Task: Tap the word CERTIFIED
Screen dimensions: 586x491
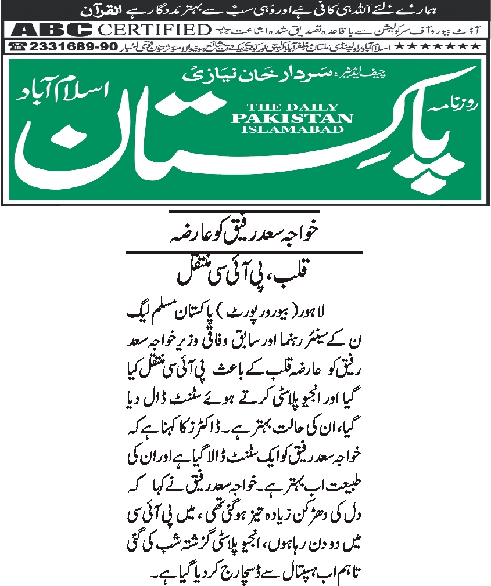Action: click(x=154, y=30)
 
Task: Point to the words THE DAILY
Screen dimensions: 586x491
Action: click(x=292, y=107)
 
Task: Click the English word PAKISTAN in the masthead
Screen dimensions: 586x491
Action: click(x=292, y=118)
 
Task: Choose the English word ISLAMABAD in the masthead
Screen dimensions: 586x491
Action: click(x=292, y=129)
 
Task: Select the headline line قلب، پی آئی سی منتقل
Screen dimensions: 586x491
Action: click(x=244, y=273)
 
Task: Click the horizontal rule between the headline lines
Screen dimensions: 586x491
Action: click(x=244, y=252)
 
